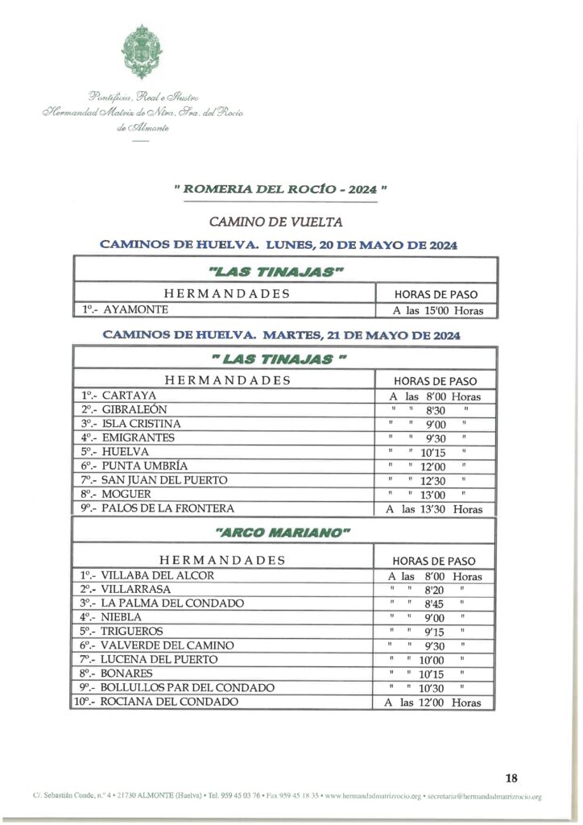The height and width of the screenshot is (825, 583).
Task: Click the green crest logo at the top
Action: [x=142, y=52]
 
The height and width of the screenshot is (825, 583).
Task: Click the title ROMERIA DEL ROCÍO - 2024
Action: [x=279, y=190]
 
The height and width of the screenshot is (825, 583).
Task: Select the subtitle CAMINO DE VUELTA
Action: [x=275, y=221]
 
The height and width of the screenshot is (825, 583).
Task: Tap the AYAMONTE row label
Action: [x=125, y=309]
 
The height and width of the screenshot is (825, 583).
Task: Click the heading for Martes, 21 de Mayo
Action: [x=282, y=334]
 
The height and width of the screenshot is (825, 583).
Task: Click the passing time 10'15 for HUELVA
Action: [x=432, y=453]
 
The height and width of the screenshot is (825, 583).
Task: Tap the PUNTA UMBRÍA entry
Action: [x=134, y=466]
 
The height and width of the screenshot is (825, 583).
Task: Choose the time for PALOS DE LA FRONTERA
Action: [x=436, y=509]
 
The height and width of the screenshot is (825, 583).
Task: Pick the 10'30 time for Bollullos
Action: [x=432, y=689]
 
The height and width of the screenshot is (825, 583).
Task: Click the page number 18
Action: [x=511, y=778]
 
